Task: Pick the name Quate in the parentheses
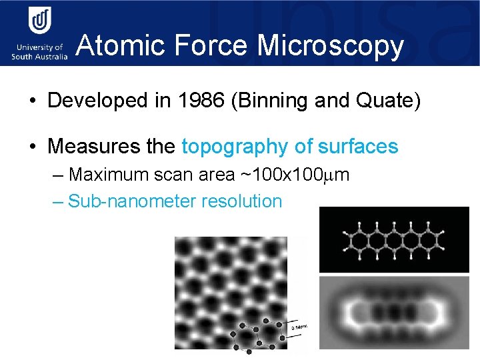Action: point(387,101)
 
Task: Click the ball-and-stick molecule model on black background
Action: point(393,239)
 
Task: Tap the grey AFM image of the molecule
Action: point(393,312)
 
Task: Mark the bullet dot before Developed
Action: point(32,101)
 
